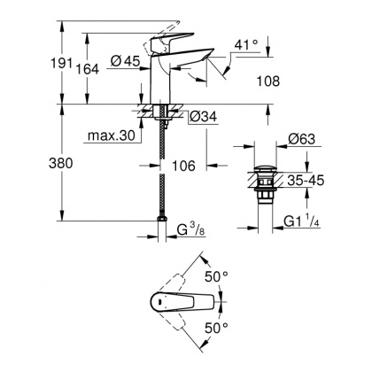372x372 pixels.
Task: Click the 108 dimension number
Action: click(x=266, y=81)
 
